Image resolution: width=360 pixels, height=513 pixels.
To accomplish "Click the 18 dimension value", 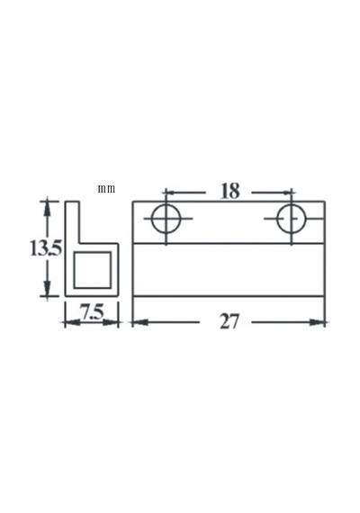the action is coord(230,192).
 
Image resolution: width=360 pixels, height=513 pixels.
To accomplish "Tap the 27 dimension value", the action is coord(229,321).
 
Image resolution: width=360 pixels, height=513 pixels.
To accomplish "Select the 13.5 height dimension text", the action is coord(46,248).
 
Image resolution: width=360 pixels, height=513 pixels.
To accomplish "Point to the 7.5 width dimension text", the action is coord(92,313).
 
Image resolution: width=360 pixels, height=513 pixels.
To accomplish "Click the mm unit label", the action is coord(106,189).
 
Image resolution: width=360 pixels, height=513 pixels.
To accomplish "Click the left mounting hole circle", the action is coord(152,218).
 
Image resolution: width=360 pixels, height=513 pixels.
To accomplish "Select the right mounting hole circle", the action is coord(277,219).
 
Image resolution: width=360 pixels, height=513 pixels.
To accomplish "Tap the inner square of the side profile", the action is coord(74,270).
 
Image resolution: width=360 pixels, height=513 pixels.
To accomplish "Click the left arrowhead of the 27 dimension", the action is coord(140,322).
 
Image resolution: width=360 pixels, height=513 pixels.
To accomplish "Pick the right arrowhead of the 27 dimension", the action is coord(317,322).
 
